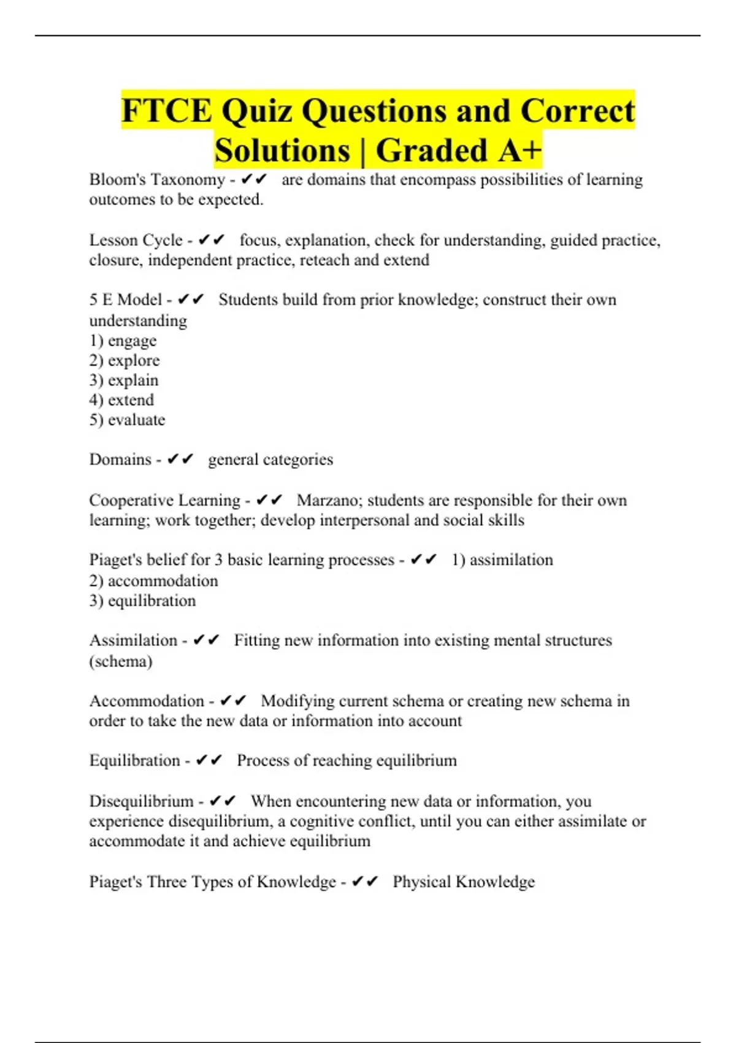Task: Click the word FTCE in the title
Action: (166, 111)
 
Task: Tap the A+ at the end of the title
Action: (520, 150)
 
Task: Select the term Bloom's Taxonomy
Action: (157, 180)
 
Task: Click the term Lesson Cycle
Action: (136, 240)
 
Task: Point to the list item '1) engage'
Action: (123, 341)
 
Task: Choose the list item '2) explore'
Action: (125, 360)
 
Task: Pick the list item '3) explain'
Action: (124, 380)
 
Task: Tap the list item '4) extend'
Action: (121, 400)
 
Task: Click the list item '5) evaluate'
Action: (127, 420)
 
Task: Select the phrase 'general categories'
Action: (270, 460)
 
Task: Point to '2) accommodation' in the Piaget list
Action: (153, 580)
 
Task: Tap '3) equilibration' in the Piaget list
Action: (142, 601)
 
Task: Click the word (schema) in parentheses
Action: (121, 661)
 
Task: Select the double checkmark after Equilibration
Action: (209, 761)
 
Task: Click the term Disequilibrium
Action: (141, 801)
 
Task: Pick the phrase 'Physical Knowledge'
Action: (464, 882)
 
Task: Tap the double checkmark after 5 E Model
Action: (190, 300)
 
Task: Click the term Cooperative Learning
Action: (164, 500)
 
